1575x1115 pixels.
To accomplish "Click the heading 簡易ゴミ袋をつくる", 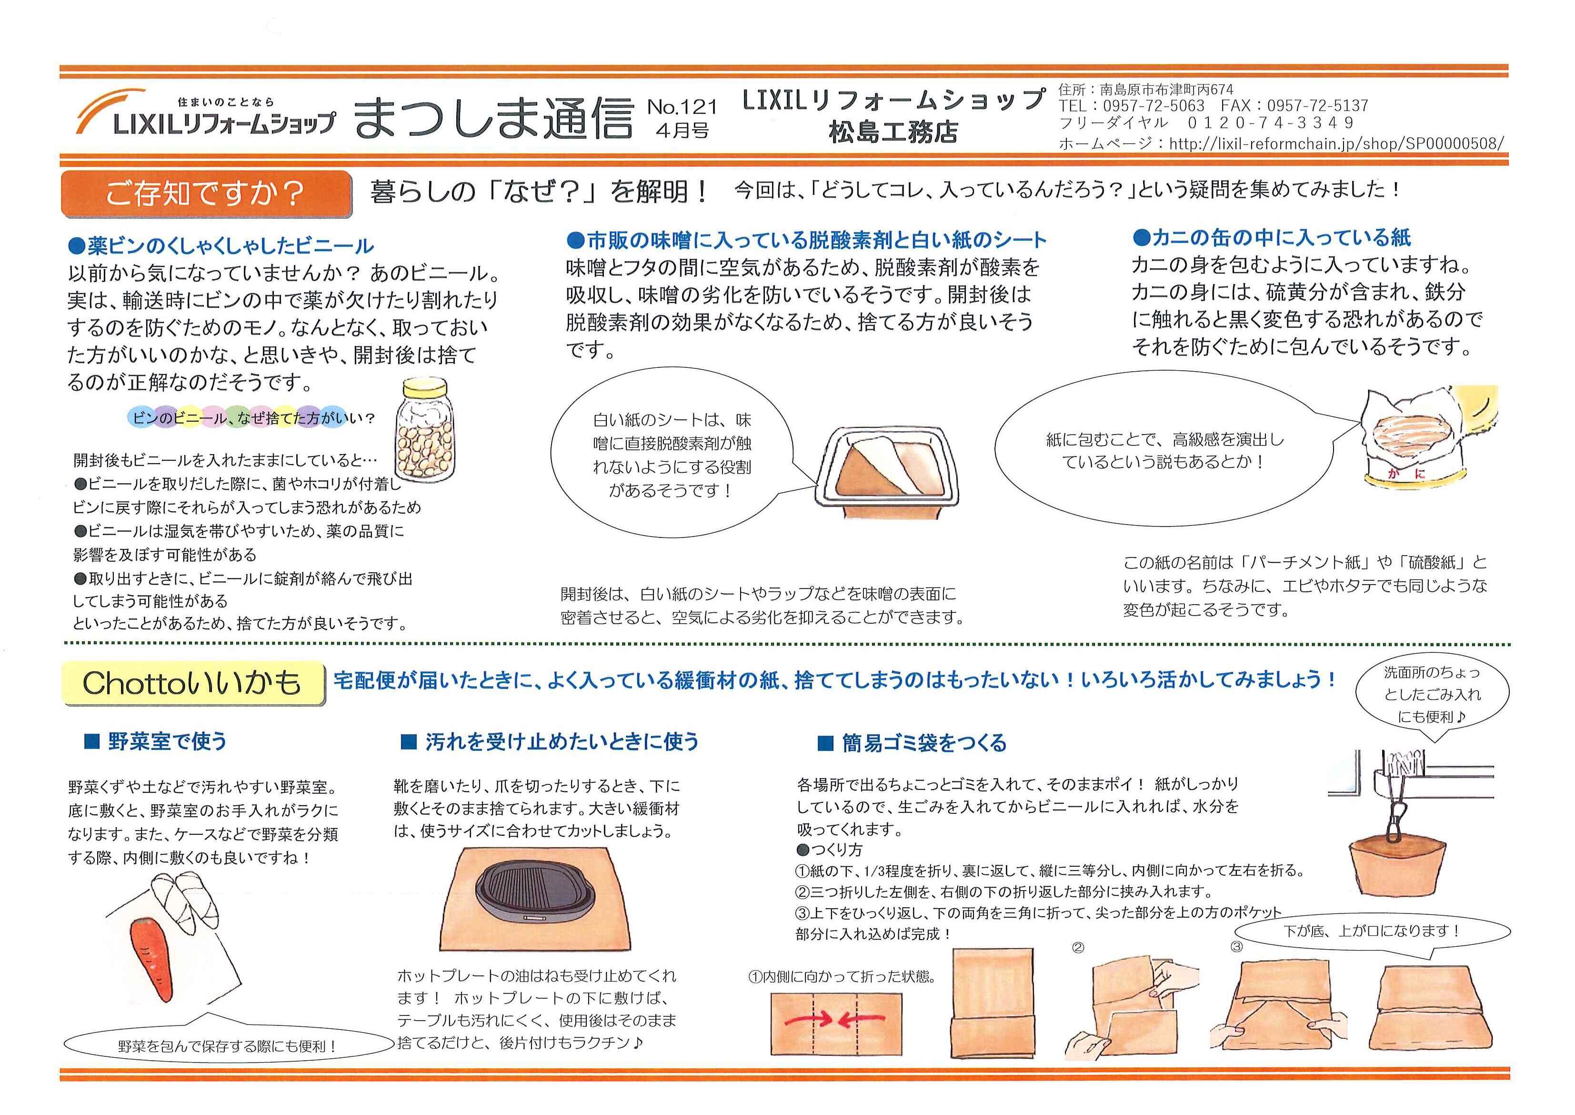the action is (x=912, y=743).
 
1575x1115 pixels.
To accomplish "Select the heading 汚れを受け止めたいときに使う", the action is (x=550, y=741).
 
